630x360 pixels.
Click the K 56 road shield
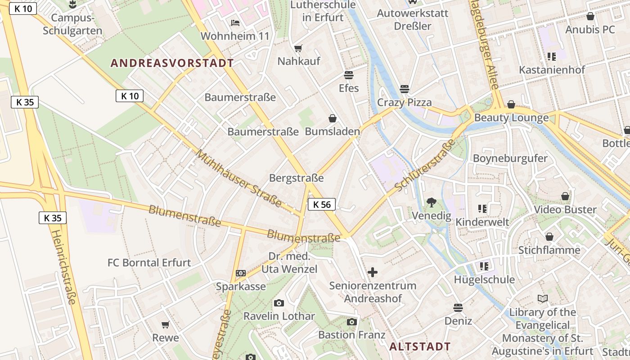pos(322,204)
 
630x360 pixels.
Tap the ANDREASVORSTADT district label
pos(172,63)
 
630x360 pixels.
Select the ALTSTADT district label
pos(419,346)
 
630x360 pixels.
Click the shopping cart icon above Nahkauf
pos(298,48)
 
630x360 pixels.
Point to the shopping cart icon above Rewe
pos(166,324)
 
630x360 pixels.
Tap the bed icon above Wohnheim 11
pos(235,23)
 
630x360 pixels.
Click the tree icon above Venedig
pos(431,202)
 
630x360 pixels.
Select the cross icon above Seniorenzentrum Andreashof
pos(372,272)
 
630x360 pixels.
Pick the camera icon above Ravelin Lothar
pos(279,303)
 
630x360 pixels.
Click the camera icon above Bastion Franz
pos(351,322)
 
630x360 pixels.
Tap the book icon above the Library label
pos(542,299)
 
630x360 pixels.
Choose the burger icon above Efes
pos(349,75)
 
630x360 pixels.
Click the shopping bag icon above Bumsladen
pos(333,118)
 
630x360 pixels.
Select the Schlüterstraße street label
pos(425,165)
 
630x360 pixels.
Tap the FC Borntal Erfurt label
pos(149,262)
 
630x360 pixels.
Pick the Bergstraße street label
pos(296,178)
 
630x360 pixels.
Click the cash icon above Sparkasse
pos(241,273)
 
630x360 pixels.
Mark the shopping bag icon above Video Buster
pos(565,197)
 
